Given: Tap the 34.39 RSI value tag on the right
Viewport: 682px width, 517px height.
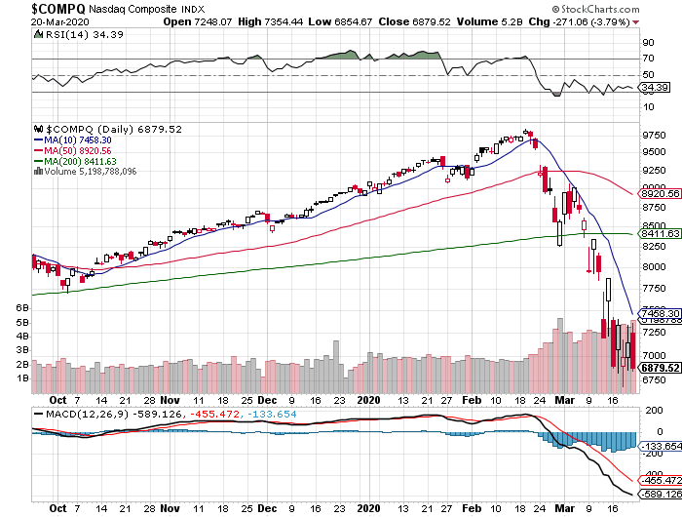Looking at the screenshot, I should pos(652,88).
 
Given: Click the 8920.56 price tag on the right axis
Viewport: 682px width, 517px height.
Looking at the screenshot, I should pos(659,194).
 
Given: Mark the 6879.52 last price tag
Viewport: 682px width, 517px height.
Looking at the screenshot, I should pos(659,368).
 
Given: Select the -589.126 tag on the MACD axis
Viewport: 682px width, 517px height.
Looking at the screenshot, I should pos(659,494).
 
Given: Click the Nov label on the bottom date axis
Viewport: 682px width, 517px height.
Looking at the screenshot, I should pos(170,508).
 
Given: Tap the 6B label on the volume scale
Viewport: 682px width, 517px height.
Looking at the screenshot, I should pos(21,307).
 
